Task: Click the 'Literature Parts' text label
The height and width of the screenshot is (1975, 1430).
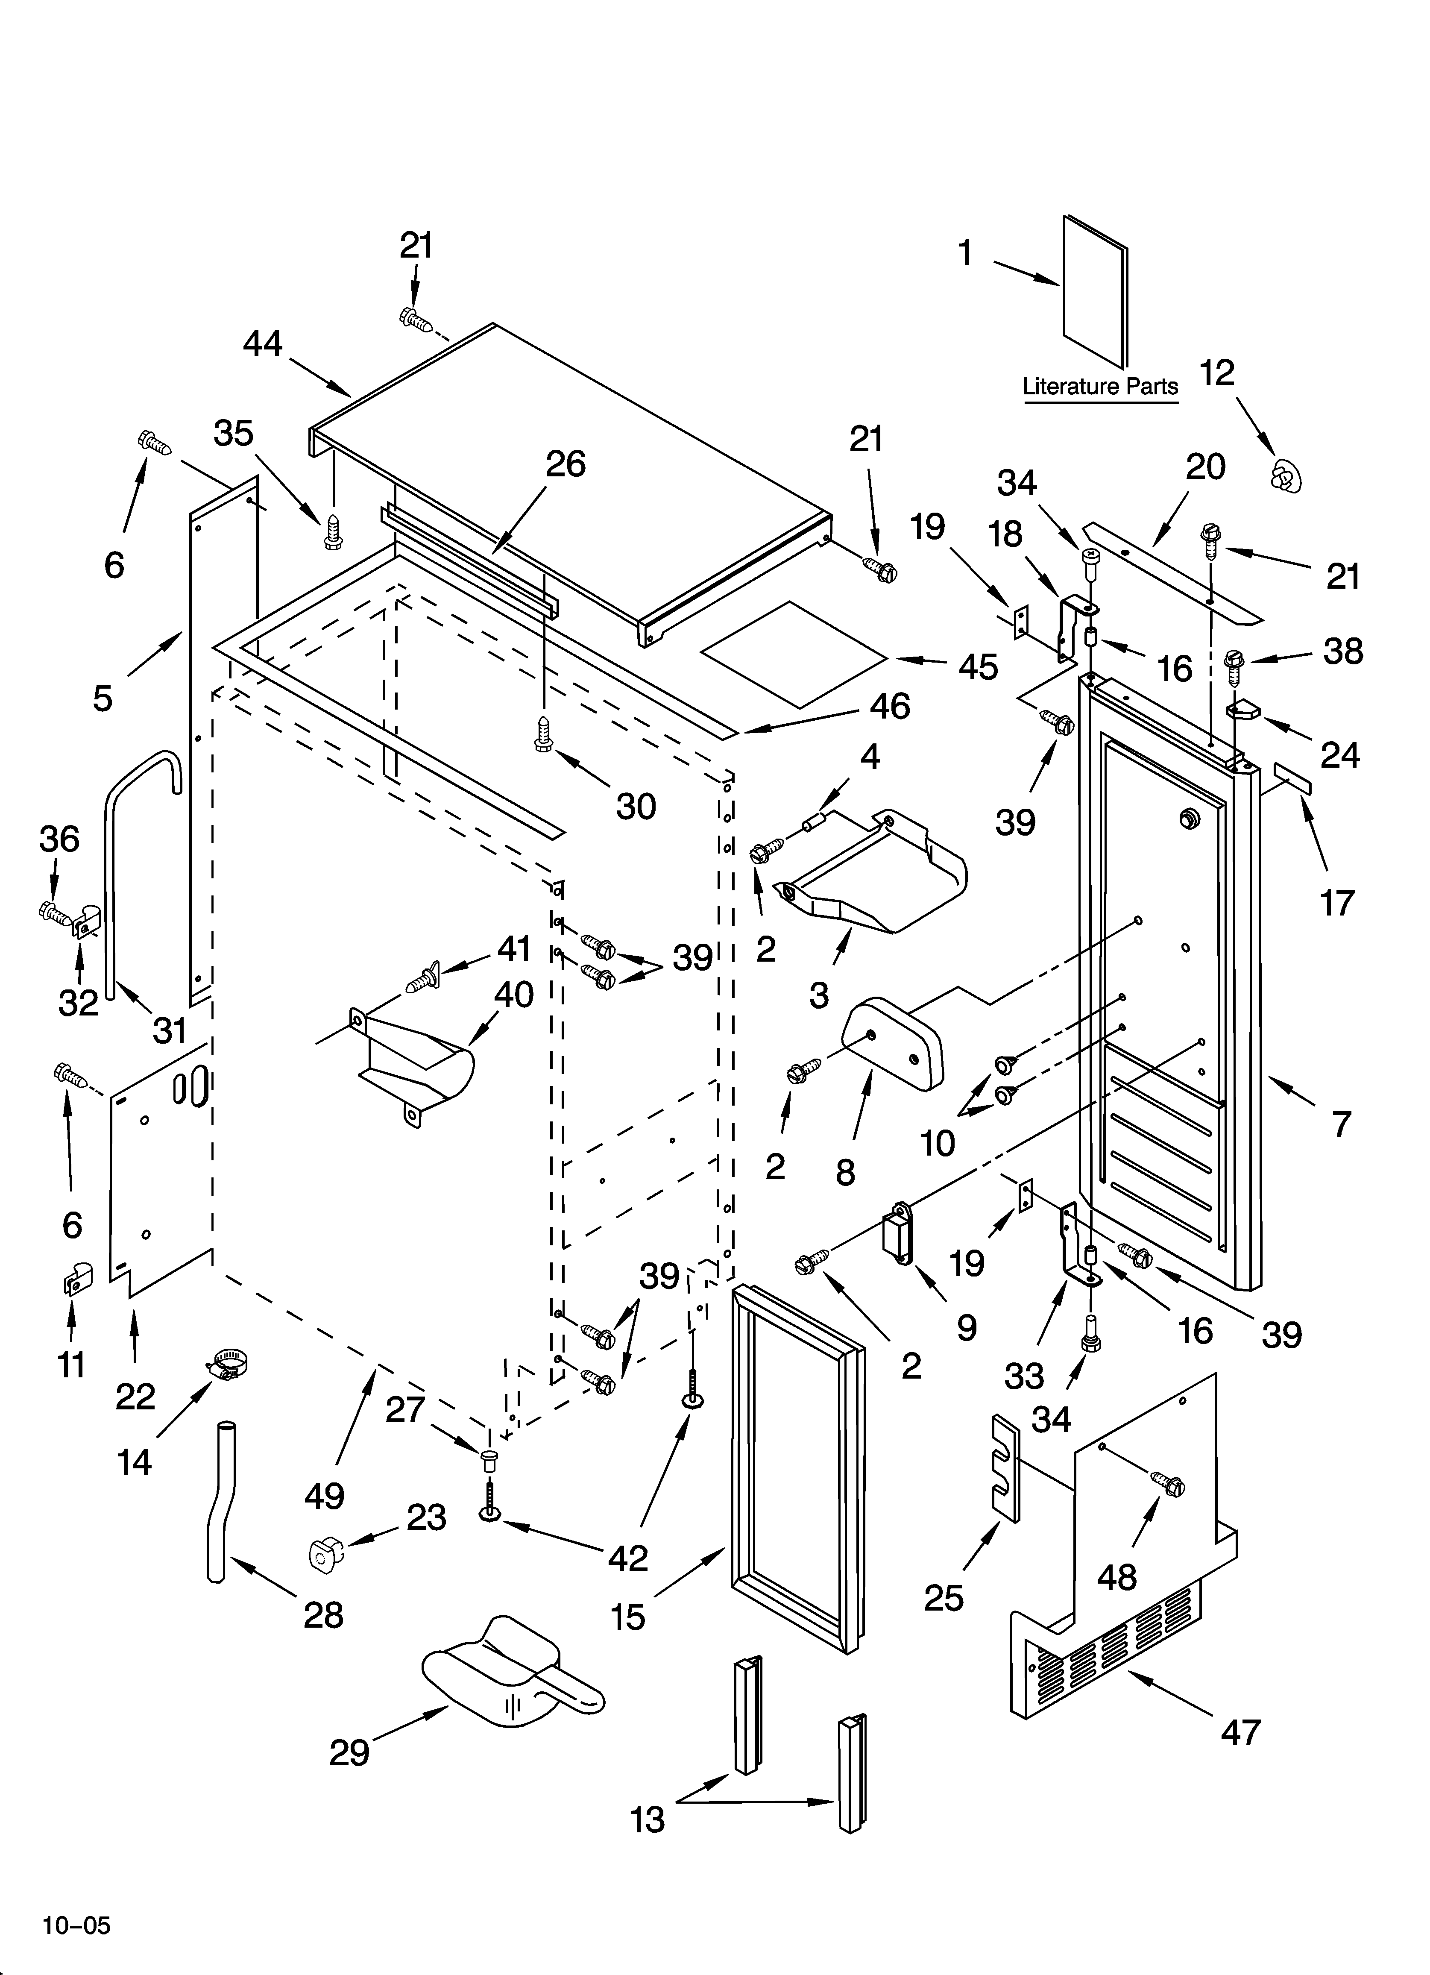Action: coord(1100,386)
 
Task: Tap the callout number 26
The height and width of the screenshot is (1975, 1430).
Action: coord(565,464)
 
